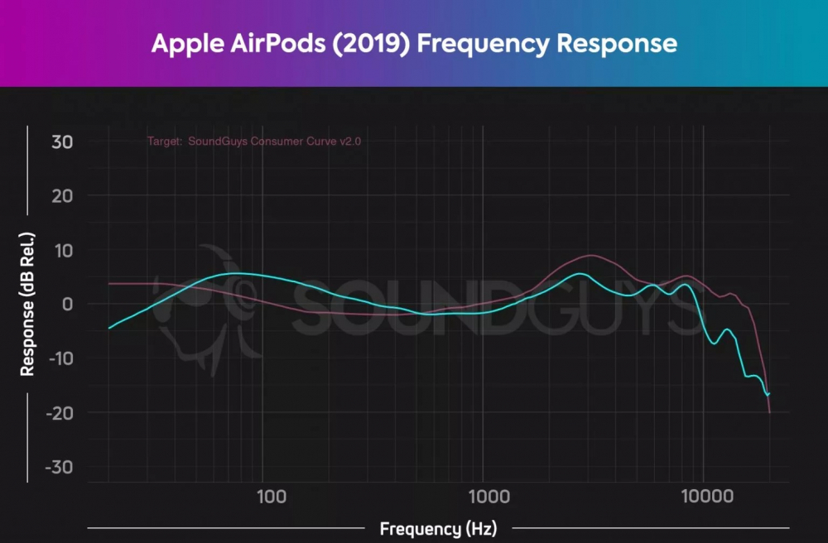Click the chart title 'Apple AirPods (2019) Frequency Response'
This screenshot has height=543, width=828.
click(x=414, y=43)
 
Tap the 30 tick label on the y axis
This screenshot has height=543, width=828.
click(x=62, y=142)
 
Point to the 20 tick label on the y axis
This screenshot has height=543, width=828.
click(x=62, y=196)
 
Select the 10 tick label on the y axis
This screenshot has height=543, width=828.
click(x=63, y=251)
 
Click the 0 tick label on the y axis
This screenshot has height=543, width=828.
click(x=68, y=305)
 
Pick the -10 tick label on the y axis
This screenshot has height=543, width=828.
click(x=58, y=358)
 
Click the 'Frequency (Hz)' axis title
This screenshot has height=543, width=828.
click(x=438, y=528)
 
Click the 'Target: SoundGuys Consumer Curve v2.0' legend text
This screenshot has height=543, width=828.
click(x=254, y=142)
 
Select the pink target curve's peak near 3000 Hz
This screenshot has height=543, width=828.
click(x=590, y=256)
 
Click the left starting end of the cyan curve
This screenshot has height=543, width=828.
click(x=109, y=328)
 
